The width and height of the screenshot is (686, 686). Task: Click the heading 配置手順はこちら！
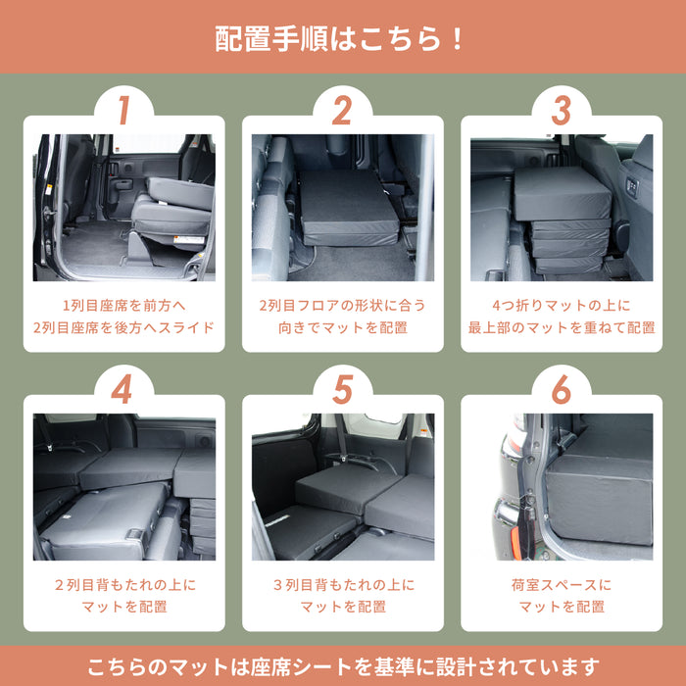click(x=342, y=39)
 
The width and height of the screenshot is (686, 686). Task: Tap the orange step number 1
click(x=123, y=111)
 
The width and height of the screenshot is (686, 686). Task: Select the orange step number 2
click(x=342, y=111)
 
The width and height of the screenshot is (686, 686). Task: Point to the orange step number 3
click(x=561, y=111)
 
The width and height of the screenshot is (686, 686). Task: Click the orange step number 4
click(x=123, y=389)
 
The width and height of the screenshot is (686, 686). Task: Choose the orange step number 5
click(x=342, y=389)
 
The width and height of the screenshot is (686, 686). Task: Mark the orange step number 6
click(x=561, y=389)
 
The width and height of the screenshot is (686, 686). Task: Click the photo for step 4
click(x=123, y=486)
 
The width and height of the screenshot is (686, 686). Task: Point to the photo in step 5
click(x=342, y=486)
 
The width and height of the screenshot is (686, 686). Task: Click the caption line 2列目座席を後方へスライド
click(x=123, y=327)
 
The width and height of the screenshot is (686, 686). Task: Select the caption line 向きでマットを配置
click(x=342, y=327)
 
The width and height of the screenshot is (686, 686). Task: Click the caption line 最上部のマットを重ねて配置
click(x=561, y=327)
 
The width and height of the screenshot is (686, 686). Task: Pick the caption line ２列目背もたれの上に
click(x=123, y=585)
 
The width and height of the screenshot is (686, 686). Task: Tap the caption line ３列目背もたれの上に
click(x=342, y=585)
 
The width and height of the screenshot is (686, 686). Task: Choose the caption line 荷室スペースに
click(x=561, y=585)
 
